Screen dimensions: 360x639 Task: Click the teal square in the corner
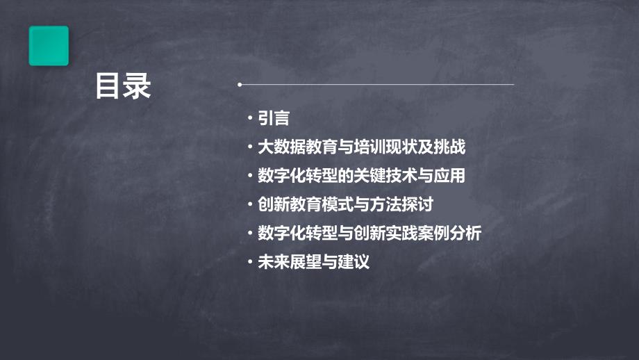49,46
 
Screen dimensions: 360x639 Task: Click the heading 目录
123,88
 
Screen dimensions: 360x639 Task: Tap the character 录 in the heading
137,88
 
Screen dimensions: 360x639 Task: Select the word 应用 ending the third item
450,176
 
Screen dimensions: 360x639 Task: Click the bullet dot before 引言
251,119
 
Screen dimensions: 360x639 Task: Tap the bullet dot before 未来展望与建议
251,263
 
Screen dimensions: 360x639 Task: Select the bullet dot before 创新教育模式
251,205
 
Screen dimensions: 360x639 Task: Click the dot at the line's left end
240,85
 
